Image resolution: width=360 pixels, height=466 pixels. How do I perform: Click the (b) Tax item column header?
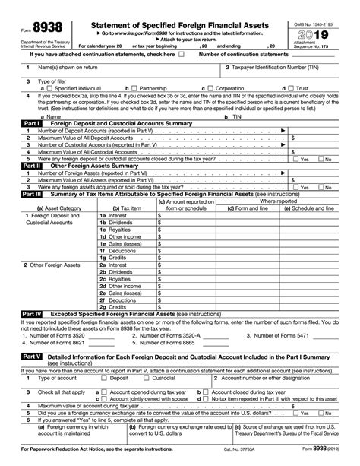pos(125,208)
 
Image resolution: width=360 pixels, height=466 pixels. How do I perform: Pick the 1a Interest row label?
pos(115,216)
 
